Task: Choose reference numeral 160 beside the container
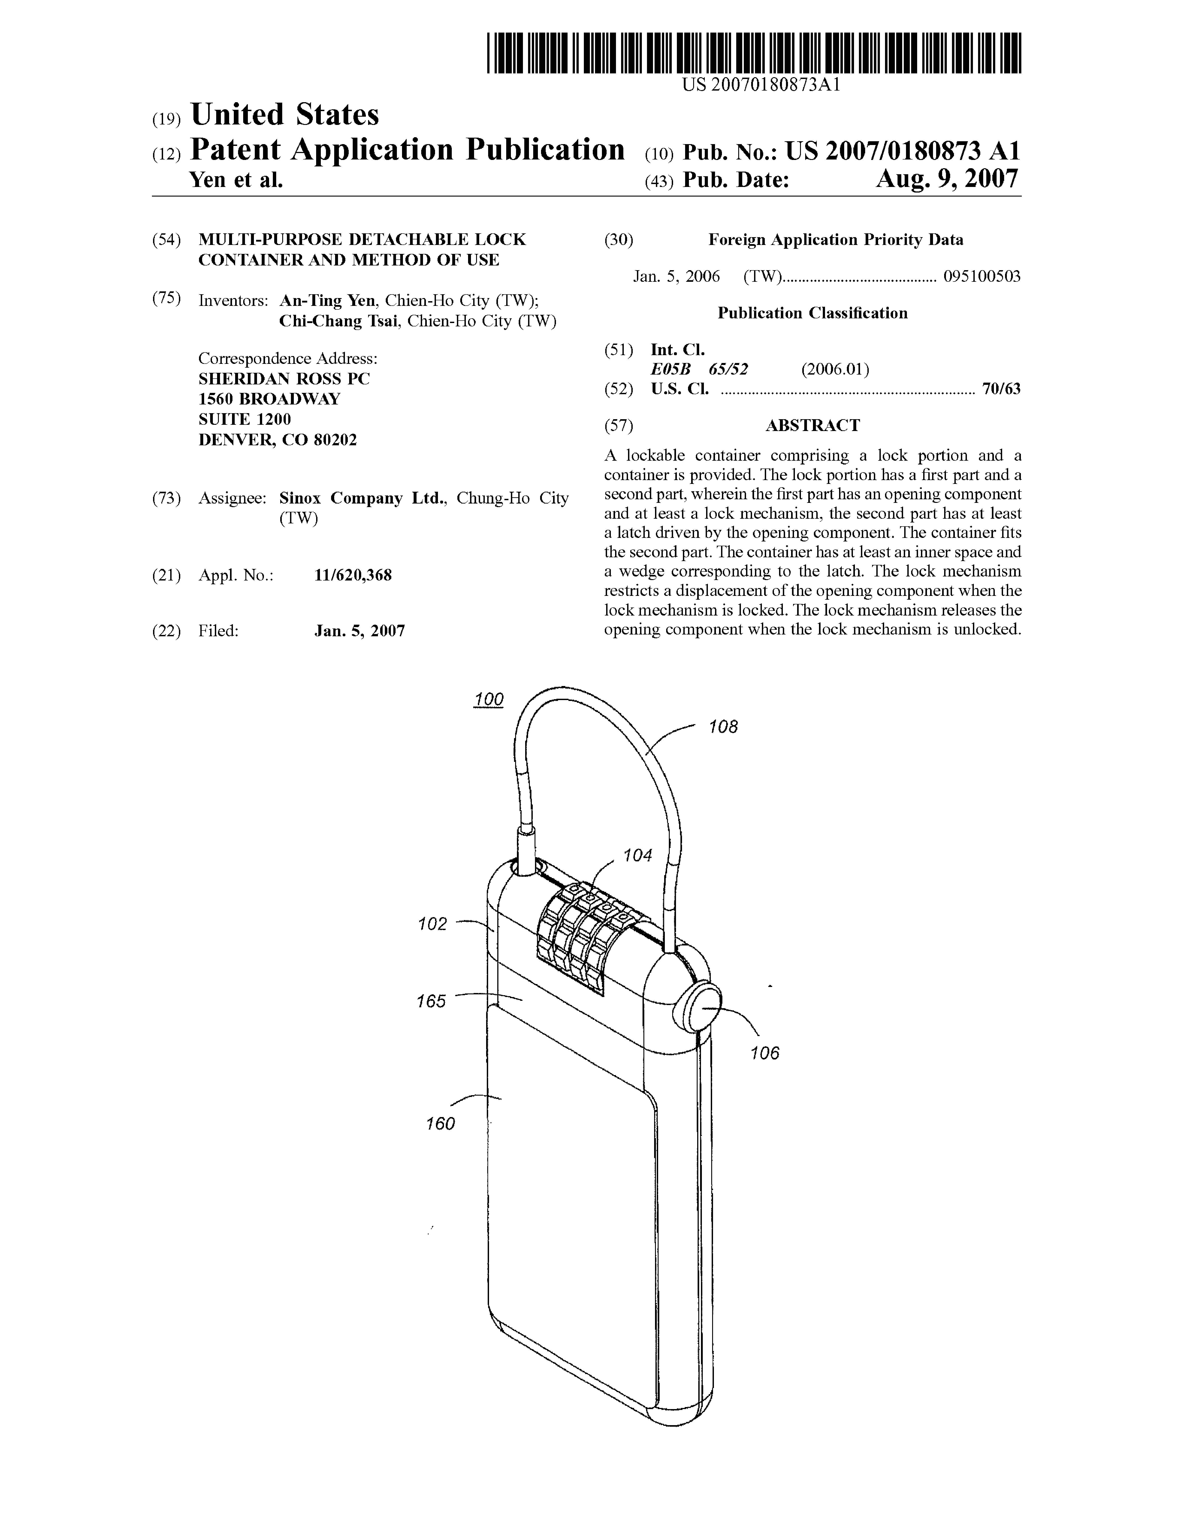(x=440, y=1124)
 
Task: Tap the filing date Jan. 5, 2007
(x=360, y=631)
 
